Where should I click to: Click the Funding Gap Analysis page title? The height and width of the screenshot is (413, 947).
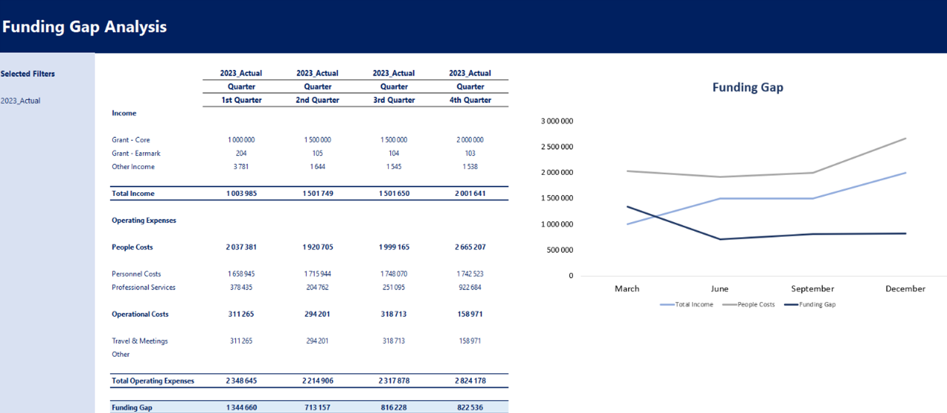click(x=84, y=27)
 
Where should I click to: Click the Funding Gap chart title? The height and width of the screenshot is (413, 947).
click(x=747, y=87)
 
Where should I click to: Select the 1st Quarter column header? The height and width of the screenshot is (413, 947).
click(x=241, y=100)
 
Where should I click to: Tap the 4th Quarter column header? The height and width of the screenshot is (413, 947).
click(x=470, y=100)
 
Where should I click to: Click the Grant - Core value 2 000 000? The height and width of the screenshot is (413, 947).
click(x=470, y=140)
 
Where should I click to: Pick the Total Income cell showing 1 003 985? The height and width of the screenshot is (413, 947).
click(x=241, y=193)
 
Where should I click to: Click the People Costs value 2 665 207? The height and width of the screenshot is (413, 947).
click(x=470, y=247)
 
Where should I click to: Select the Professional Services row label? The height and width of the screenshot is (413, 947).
click(x=144, y=288)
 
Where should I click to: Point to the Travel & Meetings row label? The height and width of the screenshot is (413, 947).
click(x=140, y=341)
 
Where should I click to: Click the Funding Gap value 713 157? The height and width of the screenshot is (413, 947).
click(x=317, y=407)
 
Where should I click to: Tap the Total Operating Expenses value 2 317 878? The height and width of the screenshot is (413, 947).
click(x=394, y=381)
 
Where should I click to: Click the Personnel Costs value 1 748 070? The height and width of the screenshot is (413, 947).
click(x=394, y=274)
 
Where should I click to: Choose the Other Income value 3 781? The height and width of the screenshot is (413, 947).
click(x=241, y=167)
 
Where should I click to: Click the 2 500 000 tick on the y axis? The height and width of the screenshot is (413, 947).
click(x=557, y=147)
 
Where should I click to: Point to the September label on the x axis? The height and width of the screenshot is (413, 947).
click(x=812, y=289)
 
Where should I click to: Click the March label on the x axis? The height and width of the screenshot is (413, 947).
click(x=627, y=289)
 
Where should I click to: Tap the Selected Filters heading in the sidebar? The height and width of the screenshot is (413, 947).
click(x=28, y=74)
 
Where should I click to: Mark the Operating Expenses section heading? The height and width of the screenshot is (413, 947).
click(x=144, y=220)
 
